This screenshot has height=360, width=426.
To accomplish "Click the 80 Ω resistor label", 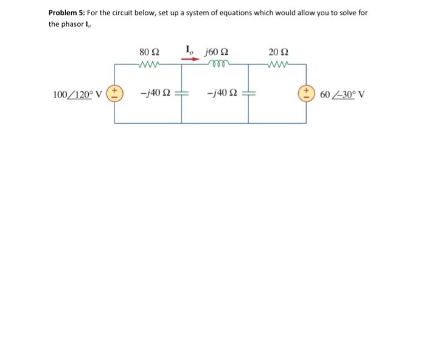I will (x=148, y=52).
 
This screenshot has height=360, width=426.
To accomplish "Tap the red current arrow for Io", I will (x=191, y=60).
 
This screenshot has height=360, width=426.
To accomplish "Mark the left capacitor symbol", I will (x=181, y=94).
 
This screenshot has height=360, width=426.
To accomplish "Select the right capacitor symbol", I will (x=248, y=94).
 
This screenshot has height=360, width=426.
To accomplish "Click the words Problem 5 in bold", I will (x=67, y=13).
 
